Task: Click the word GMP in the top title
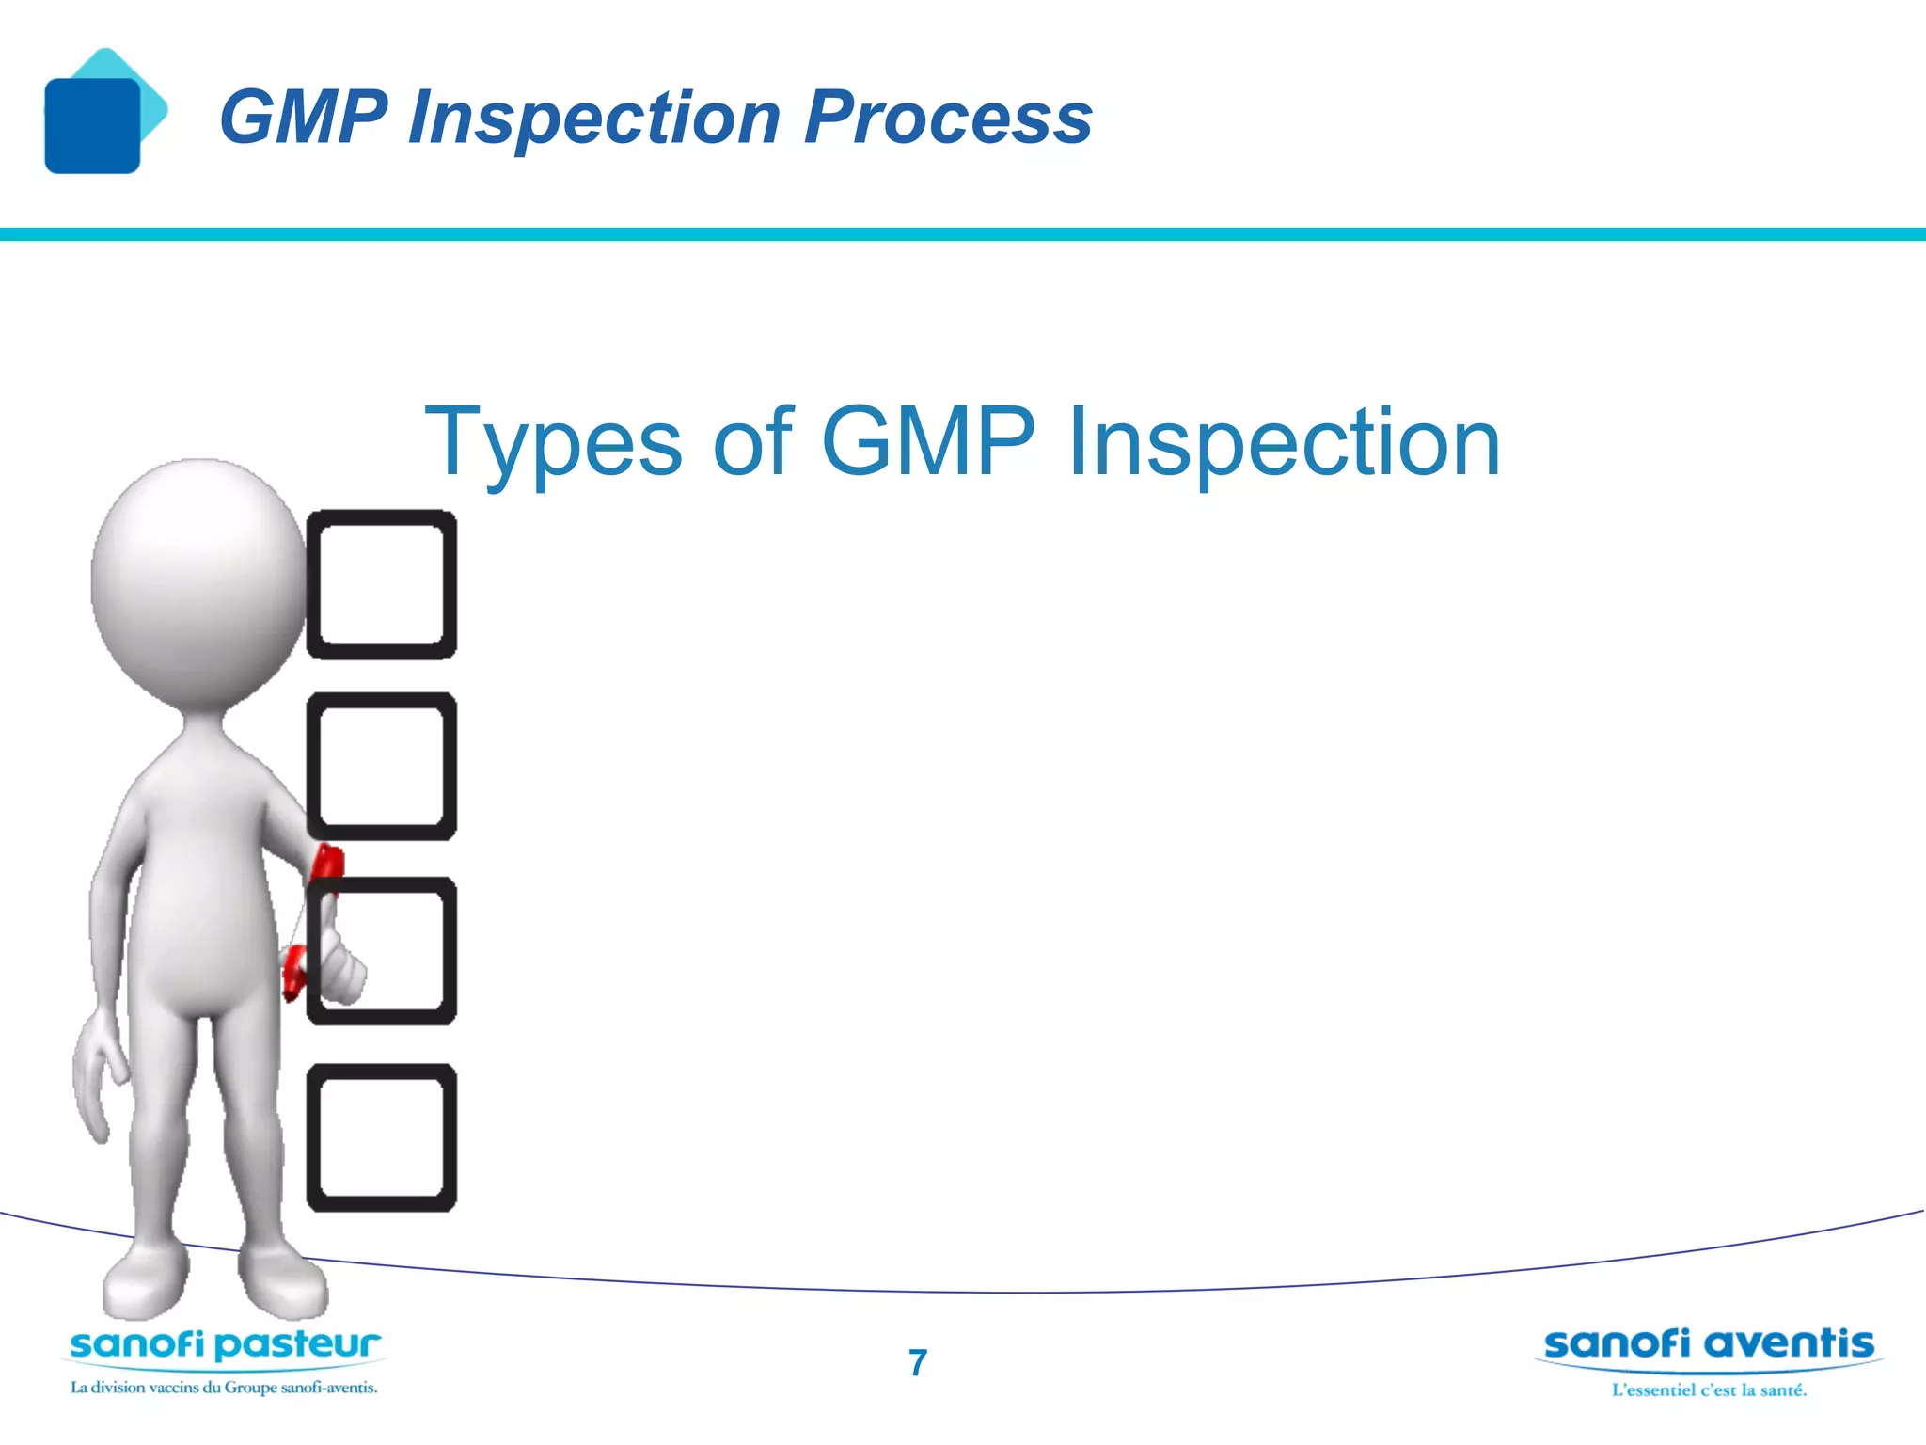pyautogui.click(x=303, y=118)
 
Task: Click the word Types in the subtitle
pyautogui.click(x=553, y=442)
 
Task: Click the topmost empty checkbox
pyautogui.click(x=382, y=584)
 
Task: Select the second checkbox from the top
pyautogui.click(x=382, y=766)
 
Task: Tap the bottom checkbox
pyautogui.click(x=382, y=1137)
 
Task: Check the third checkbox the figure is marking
pyautogui.click(x=395, y=950)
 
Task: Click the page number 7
pyautogui.click(x=918, y=1362)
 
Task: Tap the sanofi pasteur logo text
pyautogui.click(x=226, y=1345)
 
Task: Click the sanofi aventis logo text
pyautogui.click(x=1708, y=1343)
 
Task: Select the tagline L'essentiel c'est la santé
pyautogui.click(x=1709, y=1390)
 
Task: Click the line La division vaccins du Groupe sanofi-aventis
pyautogui.click(x=224, y=1388)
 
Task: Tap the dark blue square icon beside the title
pyautogui.click(x=92, y=126)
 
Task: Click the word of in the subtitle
pyautogui.click(x=752, y=442)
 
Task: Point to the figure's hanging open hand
pyautogui.click(x=99, y=1072)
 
